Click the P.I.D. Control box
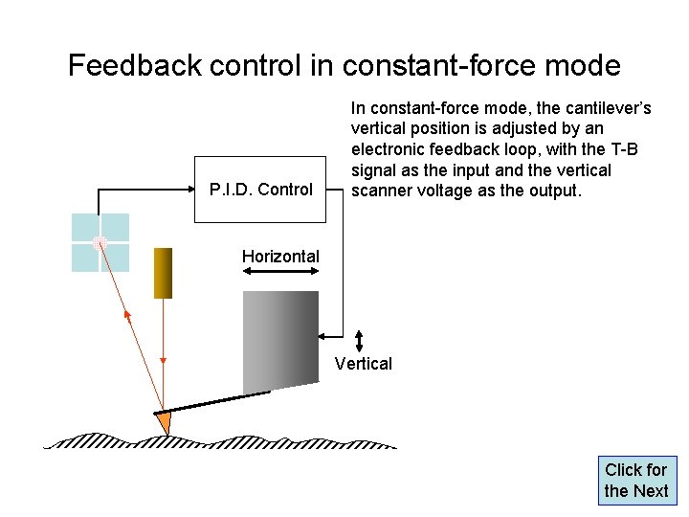[x=260, y=190]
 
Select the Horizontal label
[x=280, y=256]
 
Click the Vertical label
[x=364, y=363]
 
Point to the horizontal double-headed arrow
[x=280, y=273]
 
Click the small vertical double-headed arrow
[x=359, y=341]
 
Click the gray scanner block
[x=280, y=339]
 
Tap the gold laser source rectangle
[x=163, y=273]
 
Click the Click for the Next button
[x=636, y=481]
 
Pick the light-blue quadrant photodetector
[x=100, y=242]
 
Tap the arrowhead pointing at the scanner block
[x=323, y=335]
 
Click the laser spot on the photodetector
[x=99, y=243]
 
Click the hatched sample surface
[x=220, y=441]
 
